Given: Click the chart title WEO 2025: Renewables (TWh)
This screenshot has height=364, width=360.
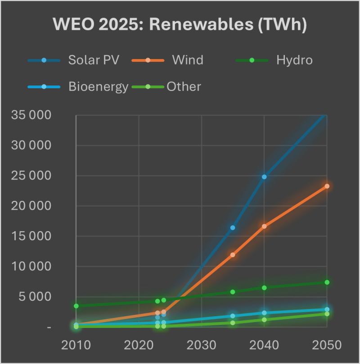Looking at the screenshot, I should (x=180, y=25).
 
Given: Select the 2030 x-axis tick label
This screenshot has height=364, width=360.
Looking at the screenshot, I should (x=202, y=345).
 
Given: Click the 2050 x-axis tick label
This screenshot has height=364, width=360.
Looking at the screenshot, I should (x=327, y=345).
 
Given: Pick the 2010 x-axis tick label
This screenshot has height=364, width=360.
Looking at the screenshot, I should (x=76, y=345).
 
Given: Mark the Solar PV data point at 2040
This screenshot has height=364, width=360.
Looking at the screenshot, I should (x=264, y=177).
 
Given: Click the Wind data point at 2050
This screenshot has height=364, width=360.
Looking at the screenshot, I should (x=327, y=186).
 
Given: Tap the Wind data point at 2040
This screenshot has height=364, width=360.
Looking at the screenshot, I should (x=264, y=226).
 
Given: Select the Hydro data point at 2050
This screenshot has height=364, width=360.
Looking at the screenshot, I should (x=327, y=282).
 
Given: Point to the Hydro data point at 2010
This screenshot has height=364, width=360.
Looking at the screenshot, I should (x=76, y=306).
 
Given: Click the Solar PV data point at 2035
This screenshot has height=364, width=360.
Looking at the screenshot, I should (x=233, y=227).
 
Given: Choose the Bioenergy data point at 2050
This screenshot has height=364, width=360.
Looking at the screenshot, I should (x=327, y=309).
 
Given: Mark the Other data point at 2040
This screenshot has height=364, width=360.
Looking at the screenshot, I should (x=264, y=320).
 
